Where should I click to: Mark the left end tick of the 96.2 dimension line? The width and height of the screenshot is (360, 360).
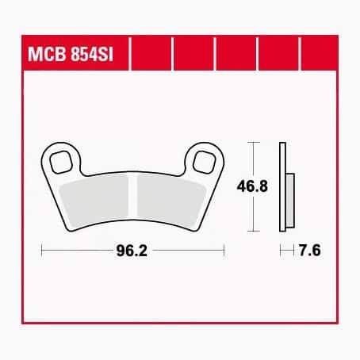pos(40,251)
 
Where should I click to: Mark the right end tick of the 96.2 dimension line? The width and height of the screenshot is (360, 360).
pos(225,251)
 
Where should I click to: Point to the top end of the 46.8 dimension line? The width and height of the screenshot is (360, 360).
pos(253,143)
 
